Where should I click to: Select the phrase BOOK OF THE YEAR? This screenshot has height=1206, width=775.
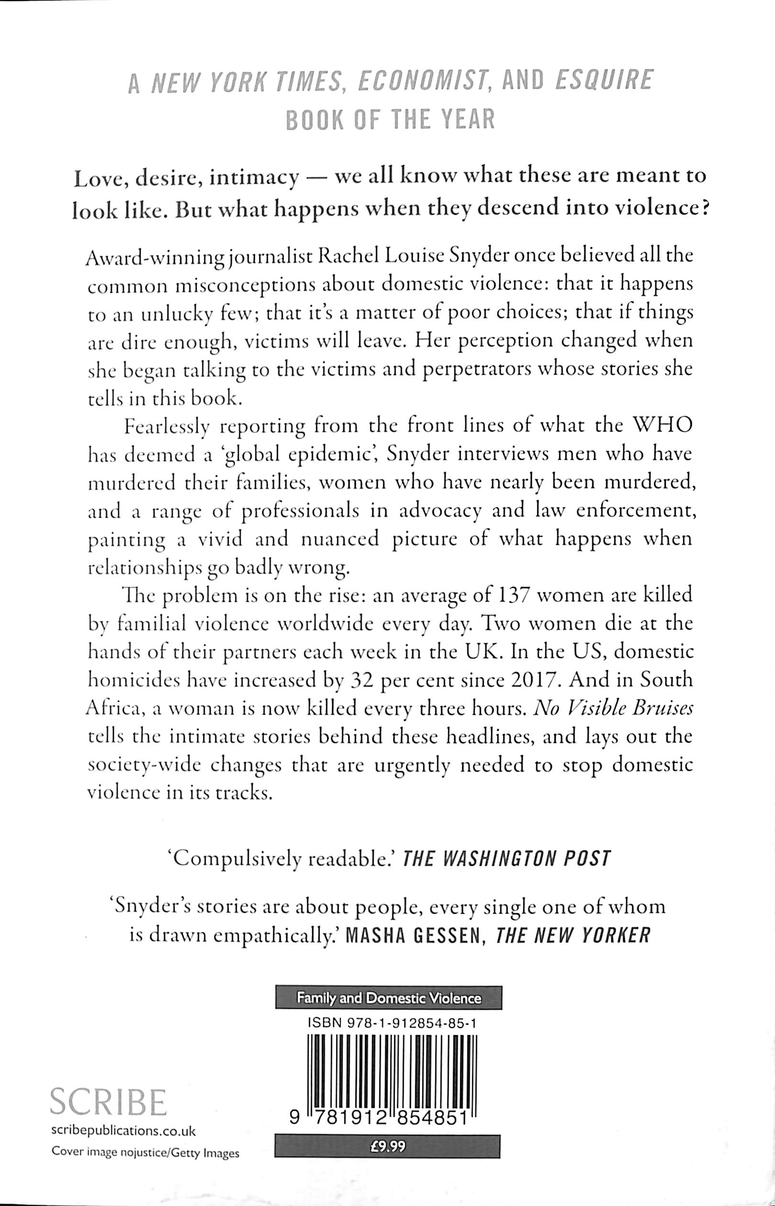tap(390, 121)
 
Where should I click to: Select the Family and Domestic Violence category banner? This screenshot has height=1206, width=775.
tap(388, 996)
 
